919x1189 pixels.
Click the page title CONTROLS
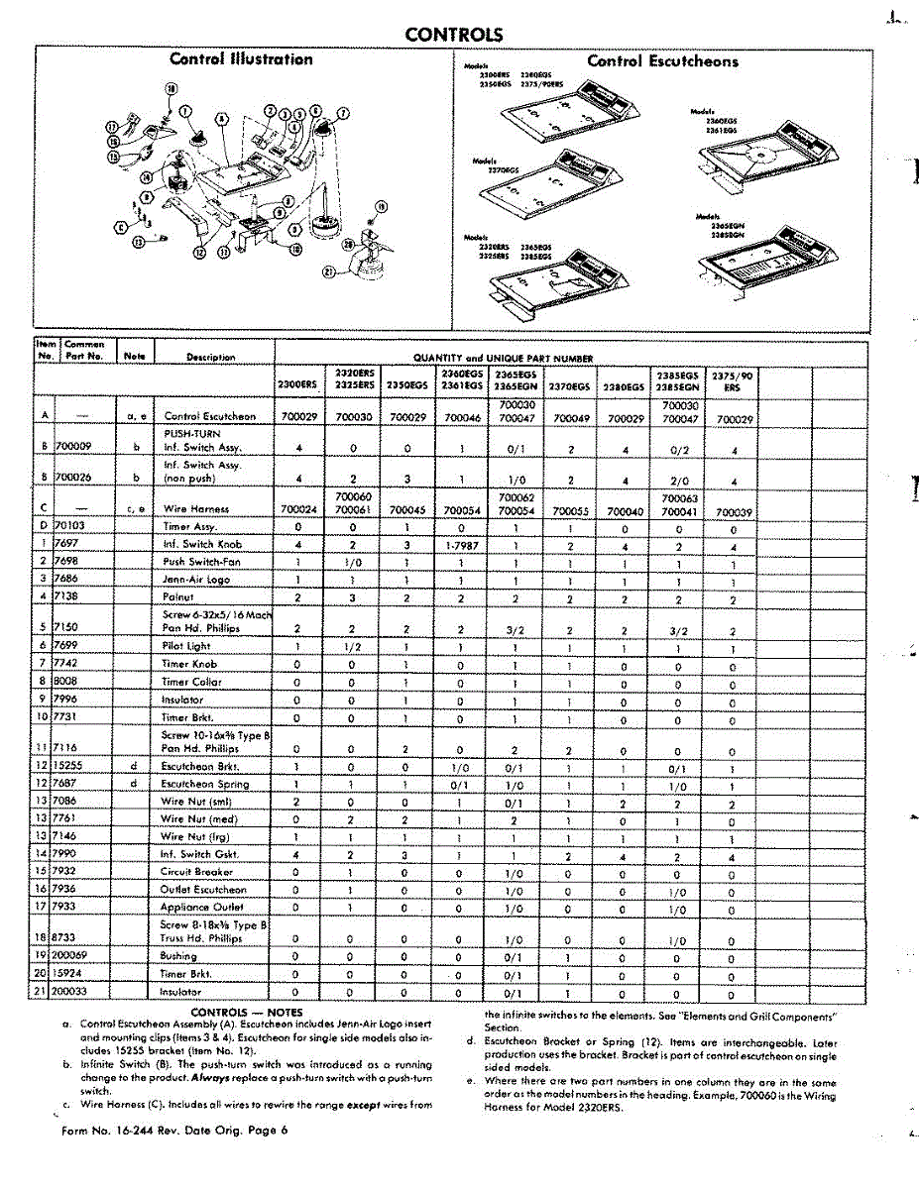pyautogui.click(x=453, y=36)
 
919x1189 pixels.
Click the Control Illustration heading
pyautogui.click(x=241, y=59)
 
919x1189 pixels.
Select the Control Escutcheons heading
pyautogui.click(x=662, y=61)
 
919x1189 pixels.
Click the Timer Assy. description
pyautogui.click(x=189, y=527)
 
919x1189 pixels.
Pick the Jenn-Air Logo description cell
pyautogui.click(x=195, y=580)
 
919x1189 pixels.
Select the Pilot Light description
pyautogui.click(x=186, y=646)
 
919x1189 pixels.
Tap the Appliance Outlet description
pyautogui.click(x=201, y=908)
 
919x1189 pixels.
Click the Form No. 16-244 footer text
pyautogui.click(x=174, y=1131)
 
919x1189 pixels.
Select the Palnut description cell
pyautogui.click(x=179, y=597)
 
